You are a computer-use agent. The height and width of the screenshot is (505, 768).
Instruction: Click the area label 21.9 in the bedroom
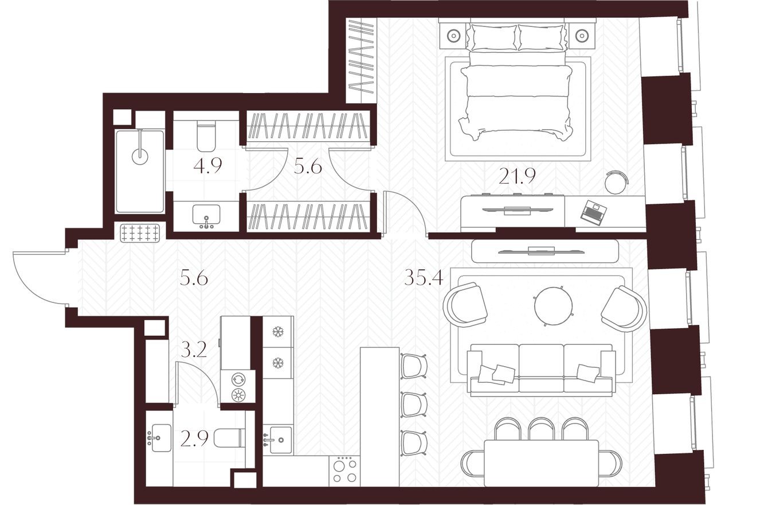516,176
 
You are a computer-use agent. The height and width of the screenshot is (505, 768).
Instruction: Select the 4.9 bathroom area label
207,166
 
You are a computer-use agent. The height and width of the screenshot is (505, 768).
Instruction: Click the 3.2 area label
193,349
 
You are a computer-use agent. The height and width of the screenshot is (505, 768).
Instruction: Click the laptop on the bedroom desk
593,212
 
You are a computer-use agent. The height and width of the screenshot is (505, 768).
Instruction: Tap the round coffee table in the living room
553,306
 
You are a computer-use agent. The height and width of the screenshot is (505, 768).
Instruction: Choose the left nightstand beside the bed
453,36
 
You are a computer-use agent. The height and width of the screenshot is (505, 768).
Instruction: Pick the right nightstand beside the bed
582,36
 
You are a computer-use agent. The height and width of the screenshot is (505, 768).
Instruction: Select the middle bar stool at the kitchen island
413,405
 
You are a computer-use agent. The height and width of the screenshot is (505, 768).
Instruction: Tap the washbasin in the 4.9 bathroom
206,216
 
